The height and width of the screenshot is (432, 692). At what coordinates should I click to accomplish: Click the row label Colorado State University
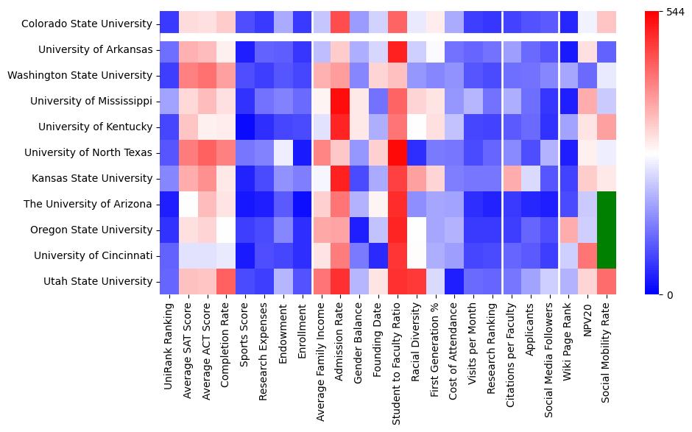[x=87, y=24]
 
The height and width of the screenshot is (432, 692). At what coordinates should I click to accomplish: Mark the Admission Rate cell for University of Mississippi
[x=339, y=101]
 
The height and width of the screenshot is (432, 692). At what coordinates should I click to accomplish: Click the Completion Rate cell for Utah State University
[x=225, y=281]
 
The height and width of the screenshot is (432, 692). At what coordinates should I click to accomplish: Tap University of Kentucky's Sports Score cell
[x=244, y=127]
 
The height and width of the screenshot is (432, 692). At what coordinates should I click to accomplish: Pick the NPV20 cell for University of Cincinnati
[x=587, y=255]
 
